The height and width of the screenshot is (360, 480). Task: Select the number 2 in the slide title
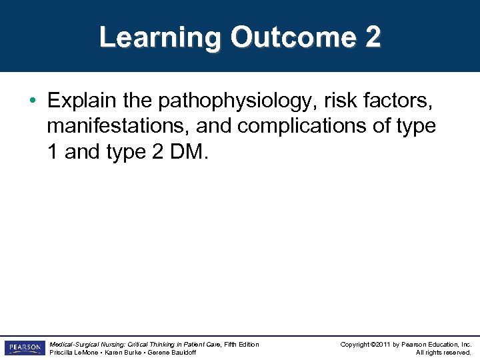[x=373, y=37]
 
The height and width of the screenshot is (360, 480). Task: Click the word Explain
[x=81, y=101]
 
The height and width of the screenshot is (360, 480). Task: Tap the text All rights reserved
[x=443, y=352]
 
